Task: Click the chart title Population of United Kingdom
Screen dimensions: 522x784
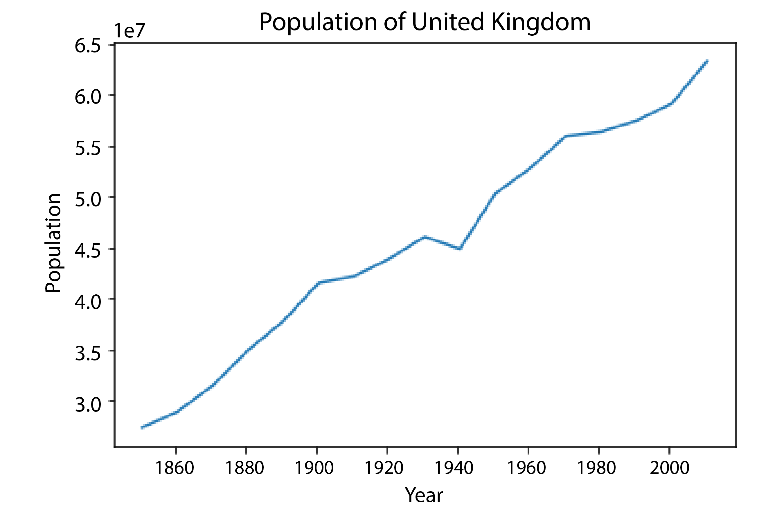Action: coord(425,23)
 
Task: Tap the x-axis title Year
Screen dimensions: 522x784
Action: coord(424,495)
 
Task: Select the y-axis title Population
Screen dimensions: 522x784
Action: coord(53,243)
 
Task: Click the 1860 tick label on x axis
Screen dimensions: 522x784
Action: coord(175,468)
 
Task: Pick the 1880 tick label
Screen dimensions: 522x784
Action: coord(245,468)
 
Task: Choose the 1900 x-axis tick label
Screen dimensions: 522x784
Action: coord(314,468)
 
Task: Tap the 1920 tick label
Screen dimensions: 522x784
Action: coord(384,468)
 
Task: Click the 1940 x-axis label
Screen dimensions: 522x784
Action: coord(454,468)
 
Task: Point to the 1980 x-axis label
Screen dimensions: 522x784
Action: coord(596,468)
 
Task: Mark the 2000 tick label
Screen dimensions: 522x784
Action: coord(669,468)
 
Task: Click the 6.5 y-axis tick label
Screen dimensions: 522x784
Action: coord(88,46)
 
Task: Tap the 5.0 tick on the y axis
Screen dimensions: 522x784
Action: coord(88,199)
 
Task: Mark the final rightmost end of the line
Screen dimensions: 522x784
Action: coord(707,61)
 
